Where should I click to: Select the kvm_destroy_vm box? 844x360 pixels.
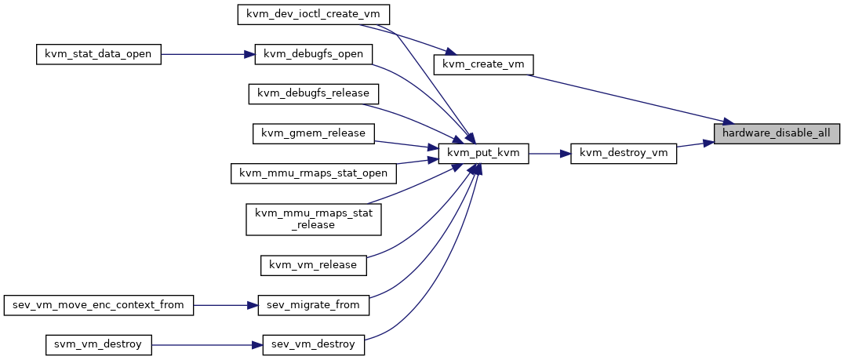(x=624, y=154)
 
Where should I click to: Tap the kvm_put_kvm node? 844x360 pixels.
(x=483, y=154)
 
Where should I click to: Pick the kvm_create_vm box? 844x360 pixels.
(x=483, y=64)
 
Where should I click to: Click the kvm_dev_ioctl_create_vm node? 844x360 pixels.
(x=314, y=14)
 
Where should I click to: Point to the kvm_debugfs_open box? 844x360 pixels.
(x=313, y=54)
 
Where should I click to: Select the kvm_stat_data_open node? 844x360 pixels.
(x=99, y=54)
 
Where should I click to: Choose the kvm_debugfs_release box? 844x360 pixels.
(x=314, y=93)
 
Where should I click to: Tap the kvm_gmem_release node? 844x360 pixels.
(x=313, y=133)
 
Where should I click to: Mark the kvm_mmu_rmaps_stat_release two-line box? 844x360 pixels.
(x=314, y=219)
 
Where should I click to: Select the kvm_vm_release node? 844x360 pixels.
(x=314, y=265)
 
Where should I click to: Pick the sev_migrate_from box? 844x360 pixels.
(x=314, y=305)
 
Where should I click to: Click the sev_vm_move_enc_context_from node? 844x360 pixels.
(x=99, y=305)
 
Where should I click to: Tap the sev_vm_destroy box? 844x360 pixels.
(x=314, y=344)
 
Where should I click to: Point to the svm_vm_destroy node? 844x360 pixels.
(x=99, y=344)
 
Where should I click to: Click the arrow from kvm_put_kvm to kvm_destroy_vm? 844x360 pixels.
(x=549, y=154)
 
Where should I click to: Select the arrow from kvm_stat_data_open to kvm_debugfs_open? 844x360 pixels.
(x=208, y=54)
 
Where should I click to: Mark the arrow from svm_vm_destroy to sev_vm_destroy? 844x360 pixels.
(x=207, y=344)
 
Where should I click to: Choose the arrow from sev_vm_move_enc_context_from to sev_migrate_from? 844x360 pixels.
(x=226, y=305)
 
